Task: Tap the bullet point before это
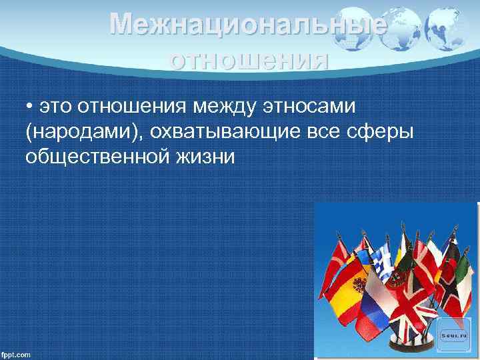coord(30,107)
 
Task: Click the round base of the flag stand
coord(407,347)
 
